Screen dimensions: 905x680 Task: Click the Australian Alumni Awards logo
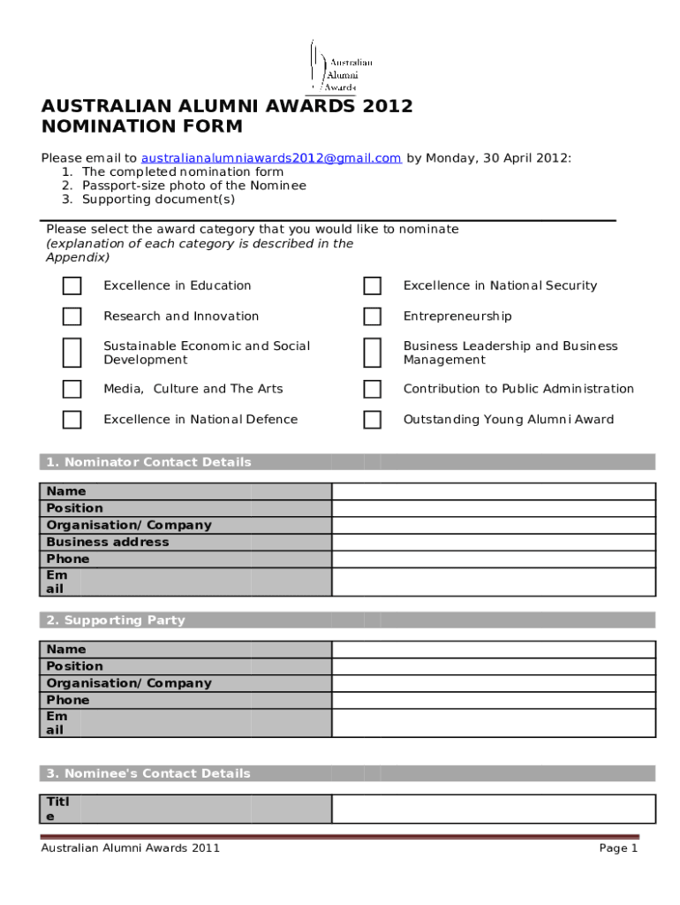341,67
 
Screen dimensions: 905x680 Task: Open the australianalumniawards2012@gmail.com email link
271,158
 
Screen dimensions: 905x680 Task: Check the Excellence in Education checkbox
72,285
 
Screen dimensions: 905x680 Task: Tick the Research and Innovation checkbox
72,316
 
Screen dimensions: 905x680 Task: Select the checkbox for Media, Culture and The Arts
72,389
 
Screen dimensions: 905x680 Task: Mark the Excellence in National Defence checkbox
72,420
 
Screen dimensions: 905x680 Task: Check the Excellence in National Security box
373,285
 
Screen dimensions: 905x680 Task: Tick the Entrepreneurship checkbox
373,316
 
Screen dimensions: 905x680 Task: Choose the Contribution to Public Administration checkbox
373,389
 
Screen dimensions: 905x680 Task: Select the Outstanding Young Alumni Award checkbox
373,420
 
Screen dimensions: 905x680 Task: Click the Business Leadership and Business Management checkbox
373,352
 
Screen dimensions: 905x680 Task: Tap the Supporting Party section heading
116,620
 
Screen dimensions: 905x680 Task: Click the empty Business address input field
493,542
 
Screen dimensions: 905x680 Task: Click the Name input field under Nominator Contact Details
493,491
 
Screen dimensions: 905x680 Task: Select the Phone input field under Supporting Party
493,700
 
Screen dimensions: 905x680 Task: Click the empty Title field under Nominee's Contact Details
493,809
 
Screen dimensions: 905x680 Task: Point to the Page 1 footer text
618,848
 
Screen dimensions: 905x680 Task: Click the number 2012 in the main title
385,107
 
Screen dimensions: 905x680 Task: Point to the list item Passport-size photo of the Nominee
193,186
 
